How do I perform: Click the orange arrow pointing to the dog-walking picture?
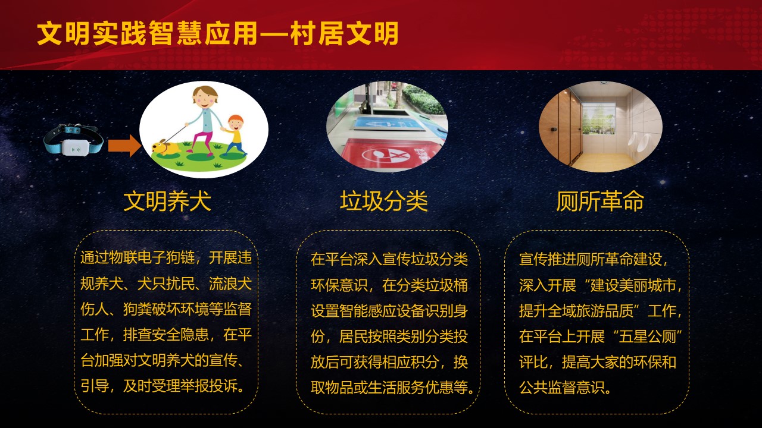tap(124, 146)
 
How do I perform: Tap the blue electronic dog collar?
tap(73, 140)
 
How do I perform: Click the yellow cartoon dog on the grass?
tap(166, 148)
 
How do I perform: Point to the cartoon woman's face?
tap(204, 99)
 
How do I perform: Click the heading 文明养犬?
tap(167, 201)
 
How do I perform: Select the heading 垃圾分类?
tap(384, 201)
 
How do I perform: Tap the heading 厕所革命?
tap(600, 201)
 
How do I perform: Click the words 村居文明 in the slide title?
tap(344, 33)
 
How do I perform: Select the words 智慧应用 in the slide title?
tap(204, 33)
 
